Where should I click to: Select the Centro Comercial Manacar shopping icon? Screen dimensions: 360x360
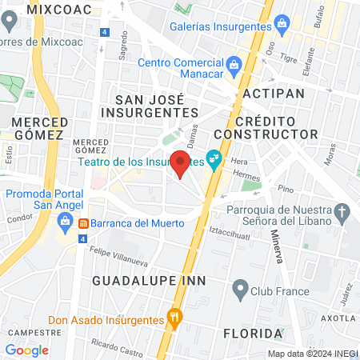(x=233, y=63)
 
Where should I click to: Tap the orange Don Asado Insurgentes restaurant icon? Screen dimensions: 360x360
(x=174, y=320)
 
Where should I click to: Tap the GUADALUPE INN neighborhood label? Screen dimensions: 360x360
(x=149, y=281)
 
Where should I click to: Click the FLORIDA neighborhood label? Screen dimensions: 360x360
(x=253, y=332)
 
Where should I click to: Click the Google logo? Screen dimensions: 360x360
(x=26, y=350)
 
